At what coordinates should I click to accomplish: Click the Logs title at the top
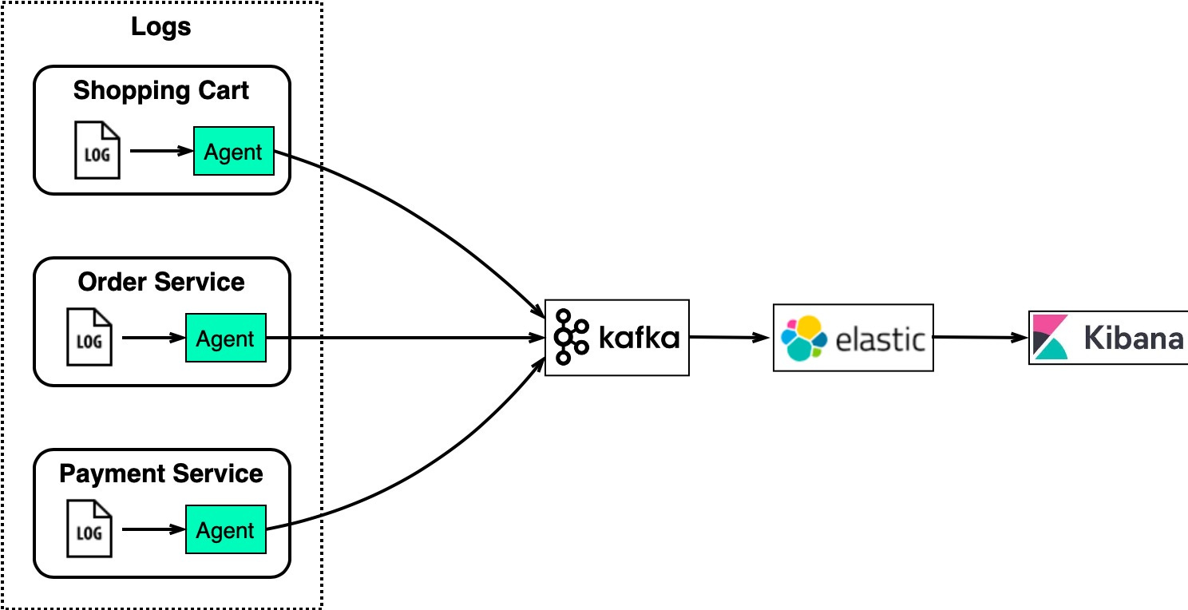click(x=160, y=27)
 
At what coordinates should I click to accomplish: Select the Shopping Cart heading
click(x=160, y=90)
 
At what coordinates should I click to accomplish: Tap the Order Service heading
click(x=160, y=282)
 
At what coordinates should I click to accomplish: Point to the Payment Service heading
click(x=160, y=473)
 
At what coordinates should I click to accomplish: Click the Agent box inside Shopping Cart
click(x=233, y=151)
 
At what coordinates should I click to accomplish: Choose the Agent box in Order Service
click(x=225, y=339)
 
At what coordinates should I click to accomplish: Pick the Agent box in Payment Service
click(x=225, y=530)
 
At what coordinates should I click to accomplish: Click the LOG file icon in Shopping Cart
click(x=97, y=150)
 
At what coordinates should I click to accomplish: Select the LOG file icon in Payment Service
click(x=89, y=530)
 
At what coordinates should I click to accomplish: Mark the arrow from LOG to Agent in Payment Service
click(x=153, y=530)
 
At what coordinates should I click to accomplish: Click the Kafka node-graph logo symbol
click(x=570, y=337)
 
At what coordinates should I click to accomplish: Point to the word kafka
click(x=639, y=338)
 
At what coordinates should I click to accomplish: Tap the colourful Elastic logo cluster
click(x=803, y=338)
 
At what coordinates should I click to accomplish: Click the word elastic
click(x=880, y=339)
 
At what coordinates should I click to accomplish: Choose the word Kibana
click(x=1133, y=339)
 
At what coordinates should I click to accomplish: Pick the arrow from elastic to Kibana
click(x=980, y=338)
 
